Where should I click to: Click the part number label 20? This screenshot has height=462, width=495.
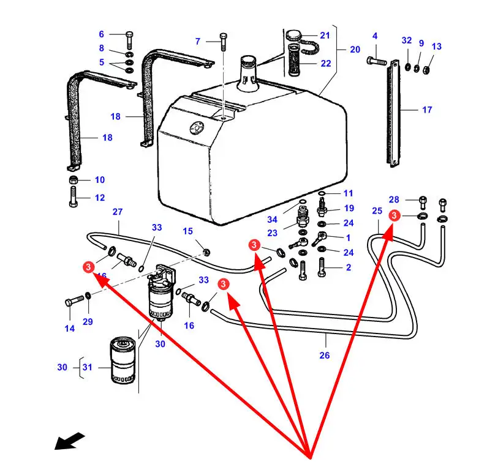pyautogui.click(x=355, y=50)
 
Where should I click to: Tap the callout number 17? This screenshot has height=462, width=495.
pyautogui.click(x=427, y=110)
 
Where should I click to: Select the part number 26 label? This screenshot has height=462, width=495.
pyautogui.click(x=325, y=355)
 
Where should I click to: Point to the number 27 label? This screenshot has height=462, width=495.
pyautogui.click(x=117, y=212)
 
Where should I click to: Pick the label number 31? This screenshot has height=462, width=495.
pyautogui.click(x=87, y=367)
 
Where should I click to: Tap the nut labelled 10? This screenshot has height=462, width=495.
pyautogui.click(x=73, y=180)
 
